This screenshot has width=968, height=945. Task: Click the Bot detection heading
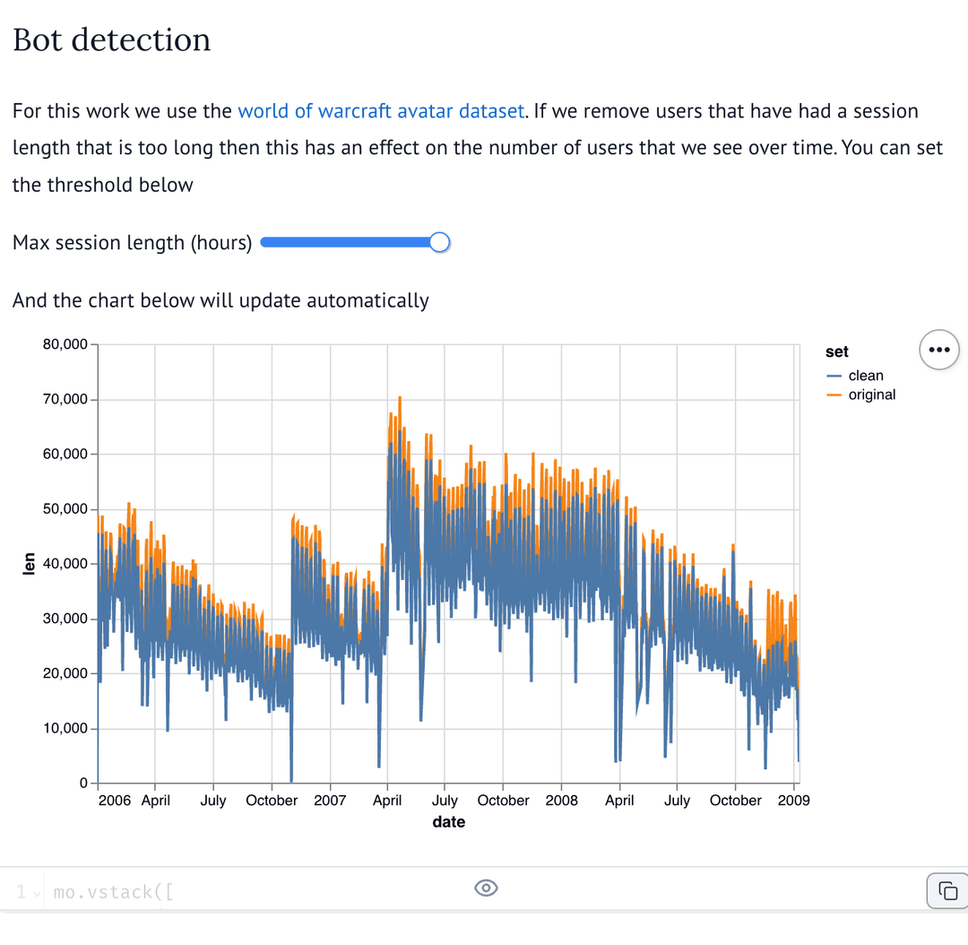click(111, 39)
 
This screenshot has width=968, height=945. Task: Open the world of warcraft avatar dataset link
click(381, 111)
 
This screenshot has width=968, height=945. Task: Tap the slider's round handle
click(439, 243)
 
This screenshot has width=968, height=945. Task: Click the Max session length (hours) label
click(132, 243)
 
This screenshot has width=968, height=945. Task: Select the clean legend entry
click(865, 376)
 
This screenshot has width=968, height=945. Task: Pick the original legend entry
click(871, 394)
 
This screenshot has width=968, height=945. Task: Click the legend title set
click(837, 352)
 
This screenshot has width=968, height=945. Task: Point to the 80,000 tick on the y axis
click(65, 344)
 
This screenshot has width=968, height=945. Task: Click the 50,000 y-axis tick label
click(65, 509)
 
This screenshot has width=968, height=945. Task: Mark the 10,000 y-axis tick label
click(65, 728)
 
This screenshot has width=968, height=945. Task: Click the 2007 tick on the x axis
click(330, 801)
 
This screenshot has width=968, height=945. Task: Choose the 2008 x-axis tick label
click(562, 801)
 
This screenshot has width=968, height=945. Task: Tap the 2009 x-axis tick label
click(794, 801)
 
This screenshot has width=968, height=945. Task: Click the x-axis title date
click(448, 822)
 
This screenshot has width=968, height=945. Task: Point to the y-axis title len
click(29, 563)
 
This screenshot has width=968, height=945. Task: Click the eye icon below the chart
click(485, 888)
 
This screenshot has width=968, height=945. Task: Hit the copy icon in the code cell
click(946, 890)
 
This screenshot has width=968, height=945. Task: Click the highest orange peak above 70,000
click(400, 398)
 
